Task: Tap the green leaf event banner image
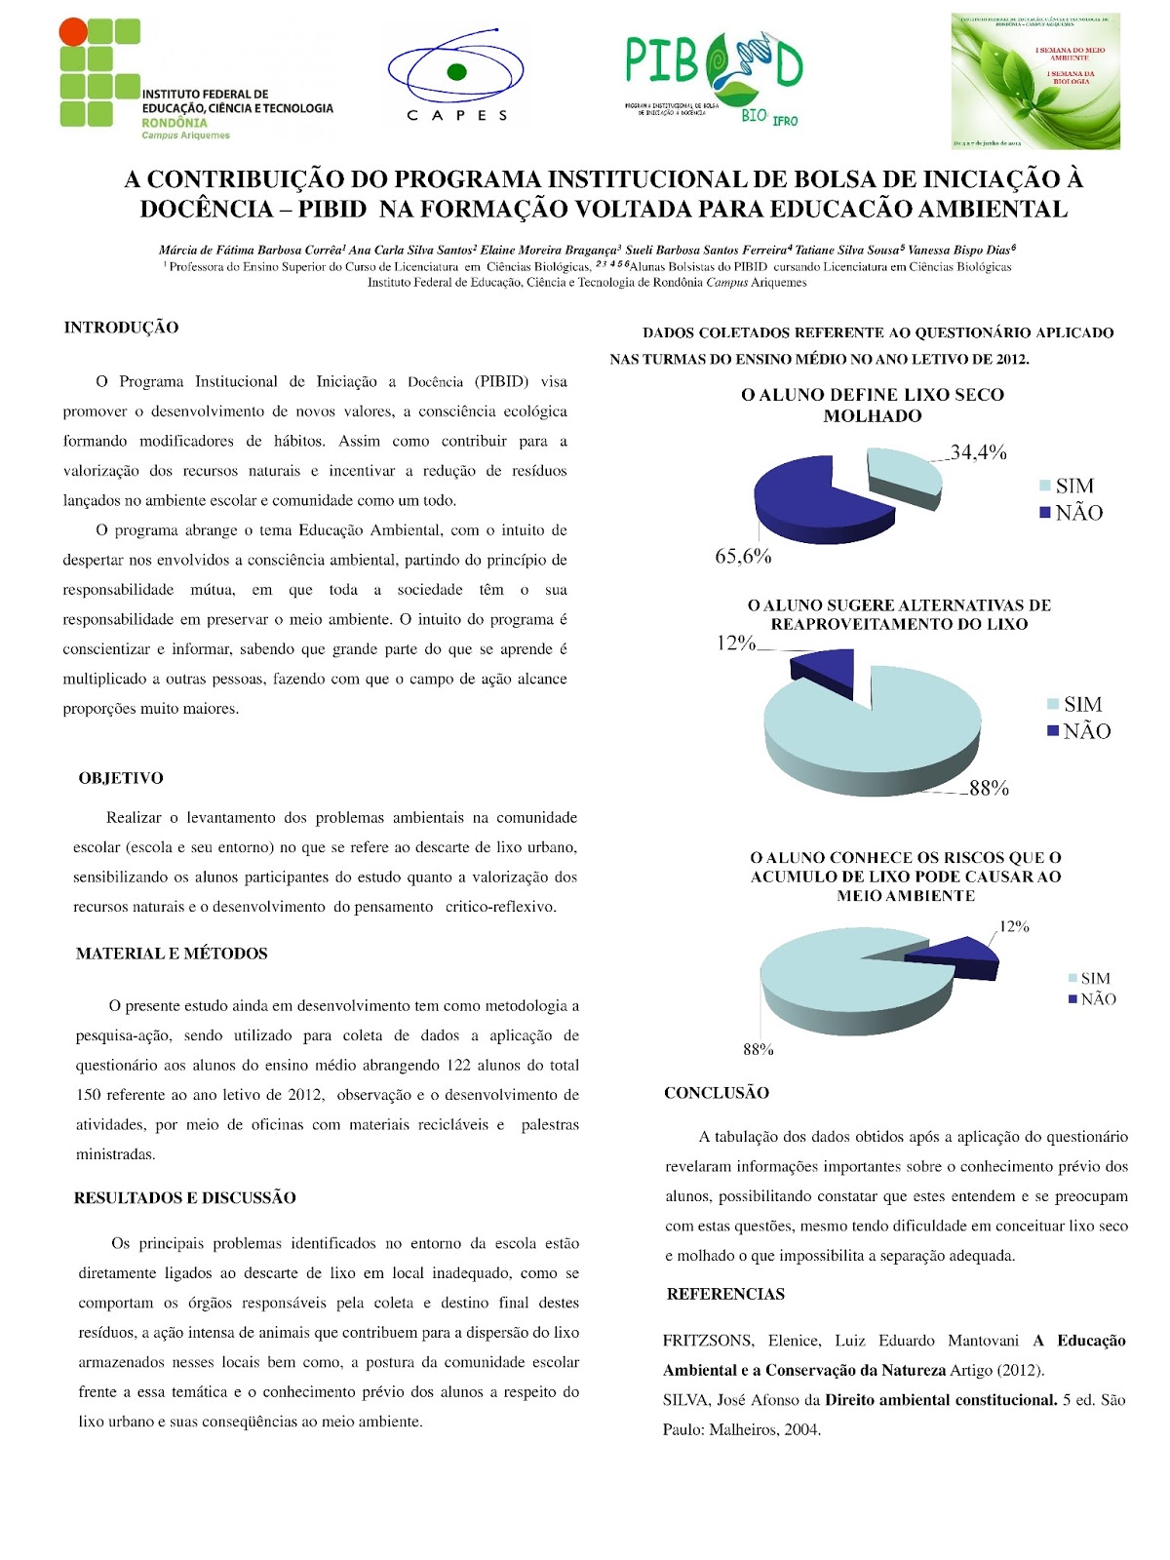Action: tap(1035, 82)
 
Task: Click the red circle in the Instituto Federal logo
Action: tap(73, 33)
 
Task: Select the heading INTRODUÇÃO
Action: tap(121, 328)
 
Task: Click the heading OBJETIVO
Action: tap(121, 778)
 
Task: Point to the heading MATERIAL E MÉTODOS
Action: tap(172, 954)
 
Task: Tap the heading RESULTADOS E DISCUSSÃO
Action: tap(184, 1197)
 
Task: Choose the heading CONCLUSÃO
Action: tap(717, 1093)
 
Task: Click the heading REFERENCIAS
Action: tap(725, 1294)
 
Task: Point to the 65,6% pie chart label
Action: tap(743, 556)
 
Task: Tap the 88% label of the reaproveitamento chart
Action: tap(989, 788)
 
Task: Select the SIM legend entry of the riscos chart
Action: tap(1088, 978)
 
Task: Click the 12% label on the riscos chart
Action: tap(1014, 926)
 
